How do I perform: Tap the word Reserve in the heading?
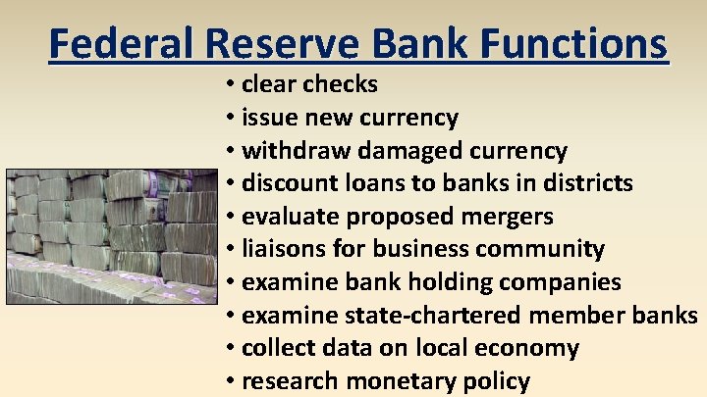pyautogui.click(x=289, y=44)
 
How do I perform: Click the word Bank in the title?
pyautogui.click(x=425, y=44)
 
